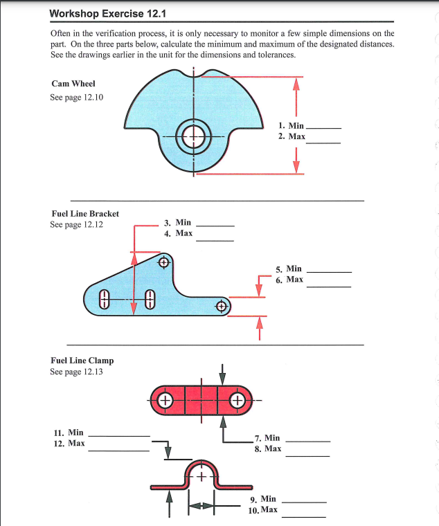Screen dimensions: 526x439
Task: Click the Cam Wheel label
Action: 73,84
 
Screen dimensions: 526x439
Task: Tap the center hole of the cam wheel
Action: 194,135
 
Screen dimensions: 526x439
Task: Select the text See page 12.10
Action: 77,97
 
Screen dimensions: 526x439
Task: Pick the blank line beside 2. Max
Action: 323,142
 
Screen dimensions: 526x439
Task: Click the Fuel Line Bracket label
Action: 85,213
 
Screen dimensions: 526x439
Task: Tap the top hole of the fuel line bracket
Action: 164,262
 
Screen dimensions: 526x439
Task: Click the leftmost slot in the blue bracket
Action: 105,298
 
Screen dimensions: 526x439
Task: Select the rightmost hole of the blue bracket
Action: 222,306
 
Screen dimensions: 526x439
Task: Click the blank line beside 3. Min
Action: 215,226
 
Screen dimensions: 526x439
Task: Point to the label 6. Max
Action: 289,280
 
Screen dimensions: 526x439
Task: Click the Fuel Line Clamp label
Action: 82,360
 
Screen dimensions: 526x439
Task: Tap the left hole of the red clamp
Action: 165,400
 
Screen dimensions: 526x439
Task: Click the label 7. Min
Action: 267,437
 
